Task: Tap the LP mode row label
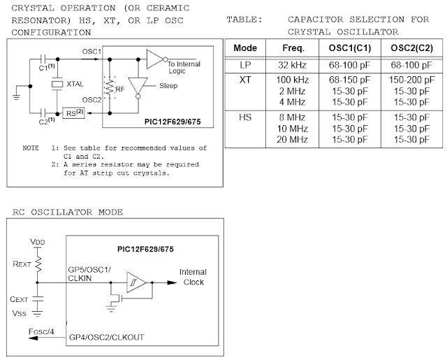tap(244, 64)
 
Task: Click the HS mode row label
tap(244, 116)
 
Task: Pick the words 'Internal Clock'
tap(193, 276)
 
